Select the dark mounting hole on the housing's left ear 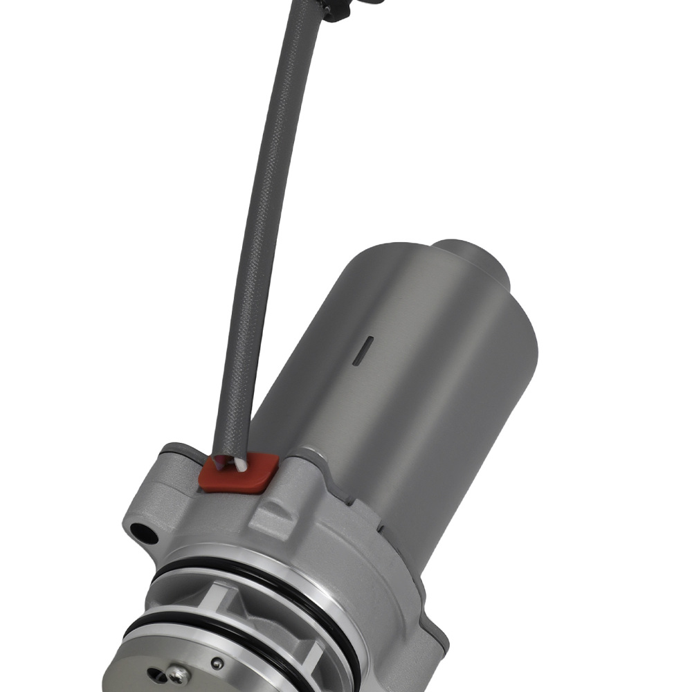[143, 534]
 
